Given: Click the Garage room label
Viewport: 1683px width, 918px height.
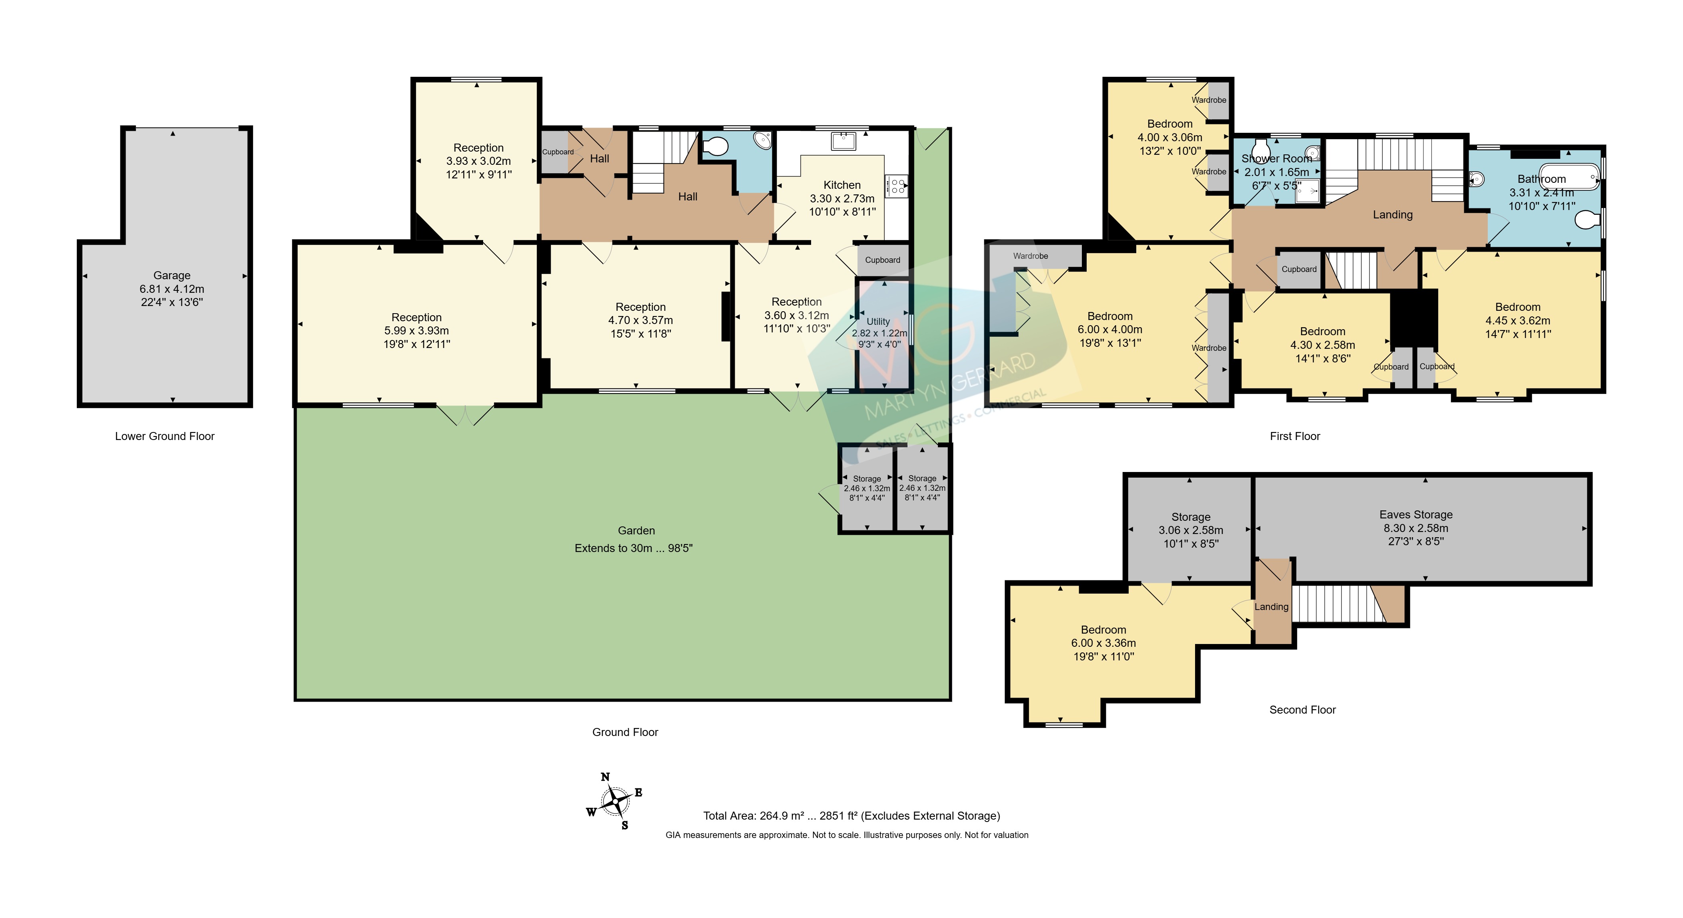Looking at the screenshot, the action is click(172, 276).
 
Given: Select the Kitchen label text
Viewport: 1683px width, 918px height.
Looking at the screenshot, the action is click(842, 185).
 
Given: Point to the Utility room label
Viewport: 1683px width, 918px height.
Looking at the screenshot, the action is click(878, 322).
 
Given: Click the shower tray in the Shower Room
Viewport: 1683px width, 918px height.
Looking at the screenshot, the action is click(1307, 190).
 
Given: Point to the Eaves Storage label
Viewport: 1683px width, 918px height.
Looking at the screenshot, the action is click(1416, 515).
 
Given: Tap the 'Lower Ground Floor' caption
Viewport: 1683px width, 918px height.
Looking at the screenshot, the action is click(165, 436).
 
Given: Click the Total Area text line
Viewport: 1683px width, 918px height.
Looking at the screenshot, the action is click(851, 816).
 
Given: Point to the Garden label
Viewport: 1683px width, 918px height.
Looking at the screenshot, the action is click(636, 530).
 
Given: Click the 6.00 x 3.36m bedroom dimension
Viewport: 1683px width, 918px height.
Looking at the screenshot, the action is click(1103, 643).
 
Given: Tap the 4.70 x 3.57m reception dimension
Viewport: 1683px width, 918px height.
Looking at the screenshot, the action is click(640, 320).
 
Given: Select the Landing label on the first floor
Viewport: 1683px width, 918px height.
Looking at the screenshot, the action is click(1393, 214).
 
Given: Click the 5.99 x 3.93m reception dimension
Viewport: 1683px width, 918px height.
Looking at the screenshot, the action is click(416, 331).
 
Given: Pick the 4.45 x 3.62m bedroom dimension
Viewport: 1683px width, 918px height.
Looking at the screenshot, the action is click(1518, 320).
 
